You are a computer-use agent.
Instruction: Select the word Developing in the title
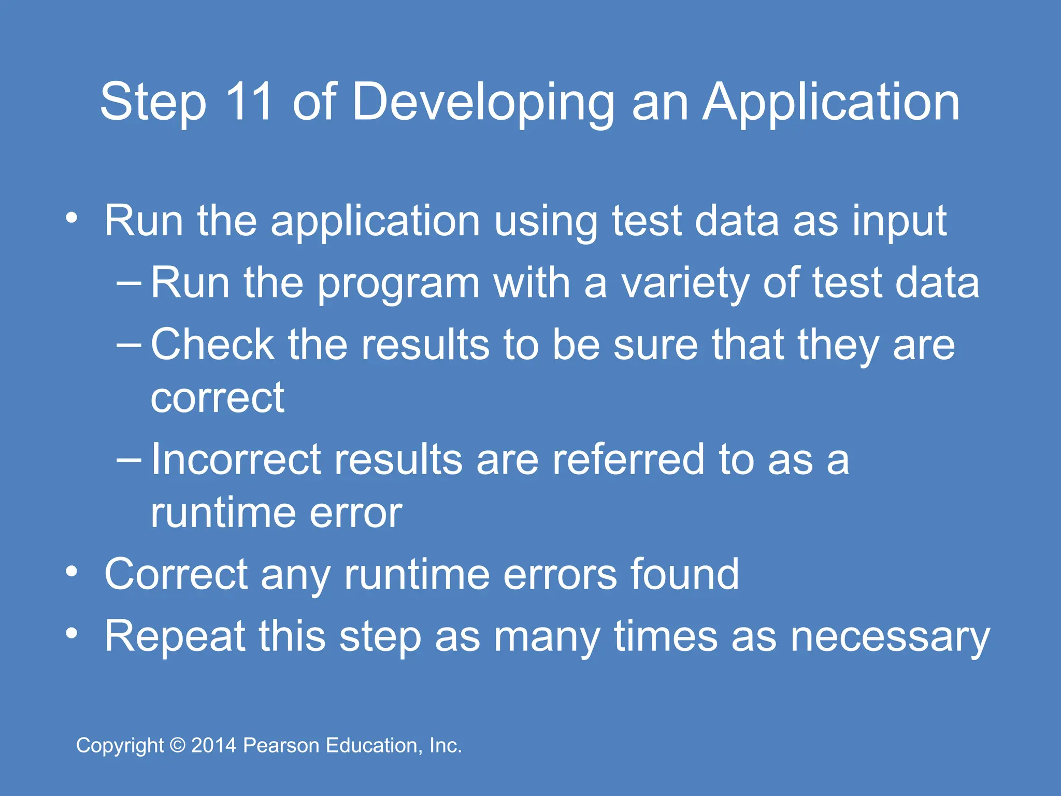[x=483, y=104]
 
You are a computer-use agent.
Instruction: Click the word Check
[x=212, y=345]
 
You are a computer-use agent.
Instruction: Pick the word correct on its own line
[x=217, y=398]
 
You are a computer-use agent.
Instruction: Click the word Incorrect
[x=236, y=459]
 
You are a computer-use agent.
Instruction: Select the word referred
[x=628, y=459]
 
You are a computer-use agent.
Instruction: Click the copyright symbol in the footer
[x=178, y=746]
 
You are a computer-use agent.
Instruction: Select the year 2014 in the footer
[x=214, y=746]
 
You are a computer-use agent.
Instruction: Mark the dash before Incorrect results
[x=129, y=459]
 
